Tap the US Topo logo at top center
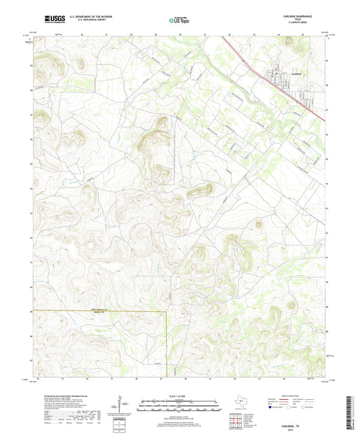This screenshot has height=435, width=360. click(x=180, y=21)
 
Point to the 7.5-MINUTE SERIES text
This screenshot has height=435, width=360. click(x=294, y=25)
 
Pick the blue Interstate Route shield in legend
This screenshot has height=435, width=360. click(x=271, y=407)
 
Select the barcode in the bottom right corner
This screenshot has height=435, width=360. click(x=352, y=412)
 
